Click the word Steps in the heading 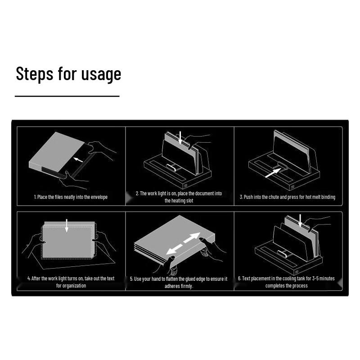(x=35, y=74)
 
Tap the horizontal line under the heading (x=67, y=96)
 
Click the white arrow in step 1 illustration (x=78, y=160)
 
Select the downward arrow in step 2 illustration (x=180, y=138)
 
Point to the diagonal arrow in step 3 (x=273, y=173)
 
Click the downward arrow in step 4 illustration (x=67, y=225)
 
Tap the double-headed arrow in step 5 (x=183, y=243)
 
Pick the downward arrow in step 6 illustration (x=300, y=221)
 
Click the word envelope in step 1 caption (x=99, y=197)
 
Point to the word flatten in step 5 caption (x=172, y=279)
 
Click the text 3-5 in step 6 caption (x=315, y=278)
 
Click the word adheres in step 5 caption (x=171, y=286)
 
